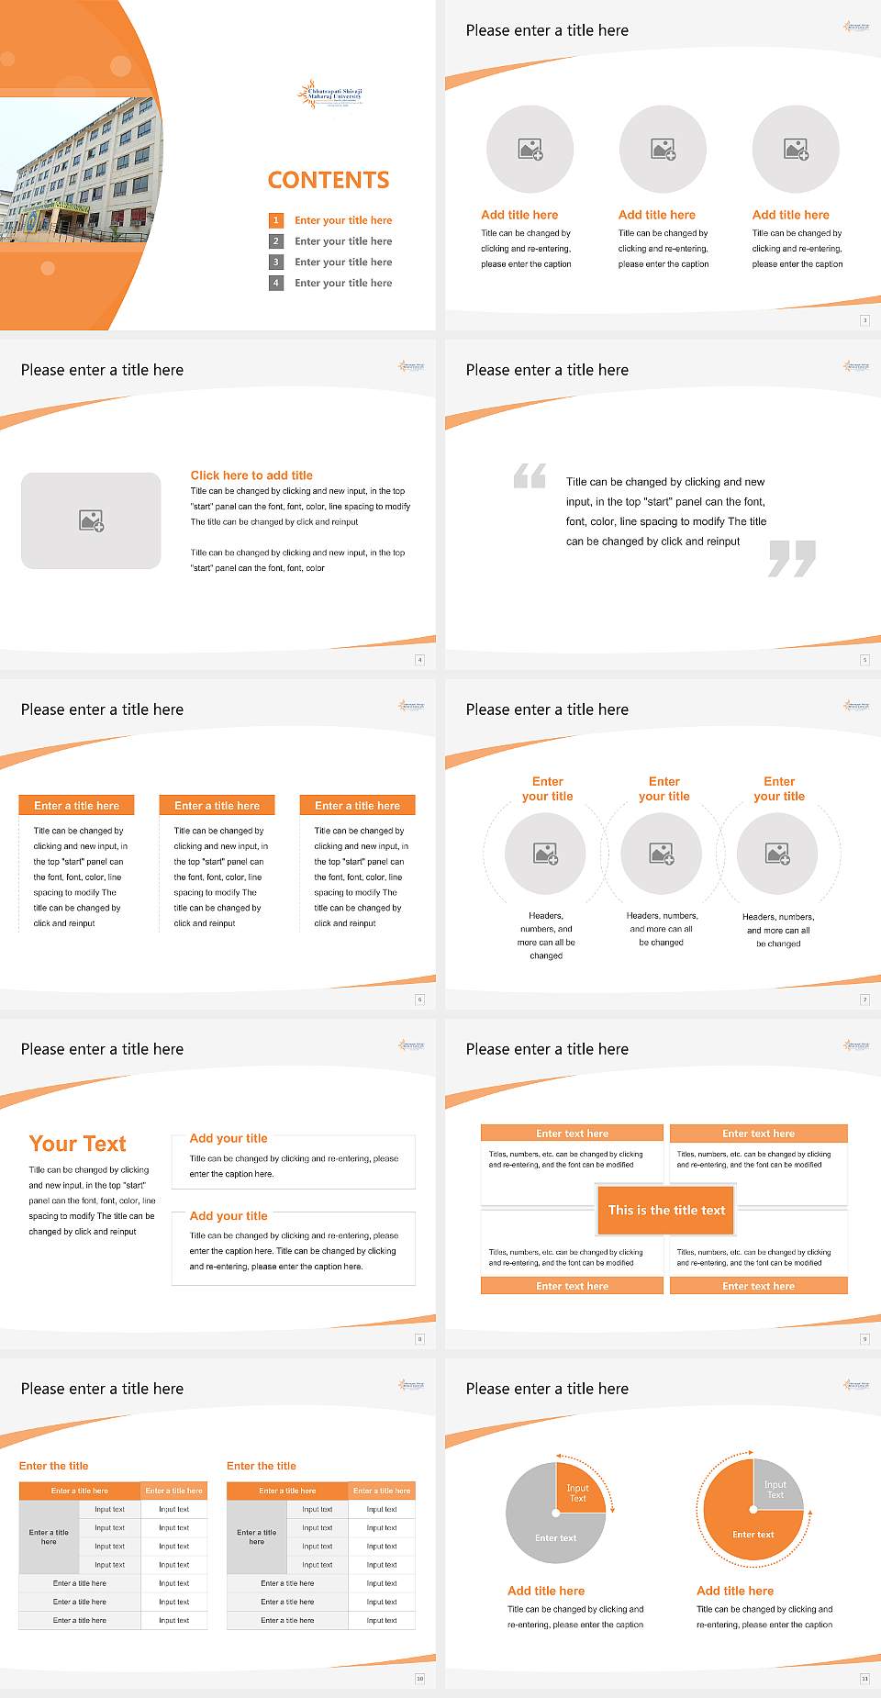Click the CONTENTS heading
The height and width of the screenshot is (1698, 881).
point(329,180)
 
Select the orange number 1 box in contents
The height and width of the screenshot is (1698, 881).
point(275,220)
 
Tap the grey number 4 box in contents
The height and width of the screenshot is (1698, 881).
point(275,283)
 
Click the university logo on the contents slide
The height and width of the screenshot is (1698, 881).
point(330,94)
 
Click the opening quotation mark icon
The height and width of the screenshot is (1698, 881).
point(530,475)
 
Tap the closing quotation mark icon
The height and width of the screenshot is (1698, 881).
point(792,558)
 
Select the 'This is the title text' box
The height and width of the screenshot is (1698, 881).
point(666,1210)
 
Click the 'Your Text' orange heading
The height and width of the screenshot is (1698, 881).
point(78,1144)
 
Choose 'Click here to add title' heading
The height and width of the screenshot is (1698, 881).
point(251,475)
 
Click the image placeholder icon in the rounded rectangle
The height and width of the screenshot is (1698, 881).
point(91,521)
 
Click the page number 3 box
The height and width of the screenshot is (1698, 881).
point(864,320)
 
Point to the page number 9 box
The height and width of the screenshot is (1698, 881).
point(864,1339)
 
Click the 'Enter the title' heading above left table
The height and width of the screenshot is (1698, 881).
point(54,1466)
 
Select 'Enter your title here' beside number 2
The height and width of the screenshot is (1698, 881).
point(343,241)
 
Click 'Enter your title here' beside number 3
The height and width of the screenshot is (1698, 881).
point(343,263)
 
